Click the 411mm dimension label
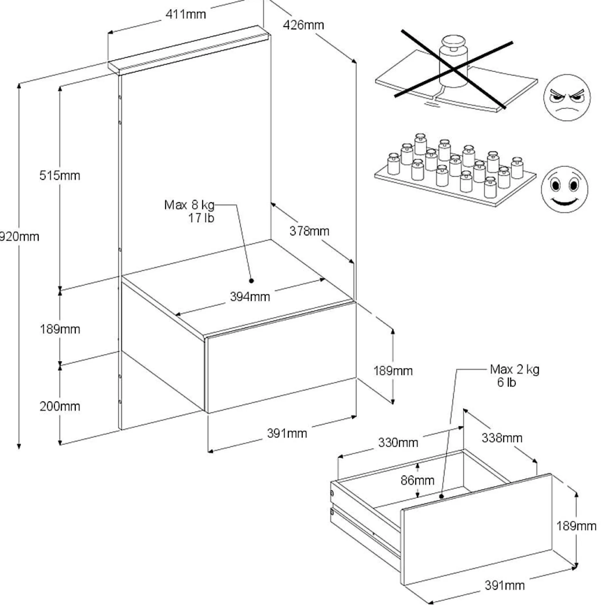186,14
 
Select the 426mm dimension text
303,25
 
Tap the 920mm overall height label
19,237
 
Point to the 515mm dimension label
60,176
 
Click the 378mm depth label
309,231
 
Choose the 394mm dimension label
250,297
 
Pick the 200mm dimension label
60,406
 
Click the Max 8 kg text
189,205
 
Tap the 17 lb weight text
201,218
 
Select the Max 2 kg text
514,369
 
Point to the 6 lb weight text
507,382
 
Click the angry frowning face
567,98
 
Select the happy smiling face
564,189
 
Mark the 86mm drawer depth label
417,480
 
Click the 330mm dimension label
398,443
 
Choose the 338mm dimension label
502,438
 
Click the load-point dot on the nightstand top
252,281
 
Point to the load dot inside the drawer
442,497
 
